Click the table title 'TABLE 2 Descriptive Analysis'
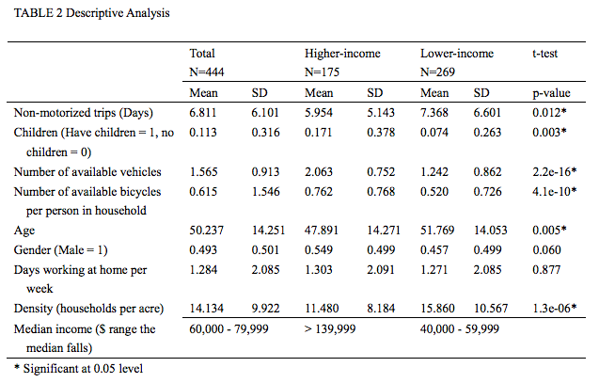pos(80,14)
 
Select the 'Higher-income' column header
pos(342,55)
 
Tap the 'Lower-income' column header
pos(456,55)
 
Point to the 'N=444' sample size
pos(207,72)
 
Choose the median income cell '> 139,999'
pos(331,328)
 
